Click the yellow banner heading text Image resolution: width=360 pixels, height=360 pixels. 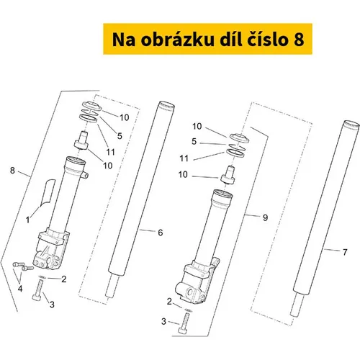click(x=208, y=40)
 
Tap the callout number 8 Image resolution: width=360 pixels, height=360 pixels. click(x=12, y=171)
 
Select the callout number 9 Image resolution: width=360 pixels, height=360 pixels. click(x=265, y=217)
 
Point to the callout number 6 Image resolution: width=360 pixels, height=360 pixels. click(x=161, y=233)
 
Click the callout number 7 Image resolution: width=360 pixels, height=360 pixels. click(x=345, y=252)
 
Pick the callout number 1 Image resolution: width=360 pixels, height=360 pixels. click(x=28, y=220)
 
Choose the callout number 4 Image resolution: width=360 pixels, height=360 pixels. click(x=20, y=289)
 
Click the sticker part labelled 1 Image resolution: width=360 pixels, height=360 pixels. click(x=48, y=192)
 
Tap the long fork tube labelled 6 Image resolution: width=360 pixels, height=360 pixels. click(x=140, y=199)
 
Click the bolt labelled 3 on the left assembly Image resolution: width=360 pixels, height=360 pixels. click(x=39, y=290)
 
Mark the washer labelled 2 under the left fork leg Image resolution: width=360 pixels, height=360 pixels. click(x=42, y=276)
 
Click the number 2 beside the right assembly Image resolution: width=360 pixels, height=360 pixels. click(x=169, y=302)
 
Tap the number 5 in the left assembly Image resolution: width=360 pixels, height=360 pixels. click(x=120, y=136)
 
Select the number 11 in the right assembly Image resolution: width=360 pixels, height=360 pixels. click(x=184, y=158)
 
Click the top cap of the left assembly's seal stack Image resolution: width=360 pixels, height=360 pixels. click(x=91, y=106)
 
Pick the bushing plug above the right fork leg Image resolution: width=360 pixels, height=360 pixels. click(x=228, y=175)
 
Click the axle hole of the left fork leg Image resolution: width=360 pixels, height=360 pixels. click(x=50, y=261)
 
